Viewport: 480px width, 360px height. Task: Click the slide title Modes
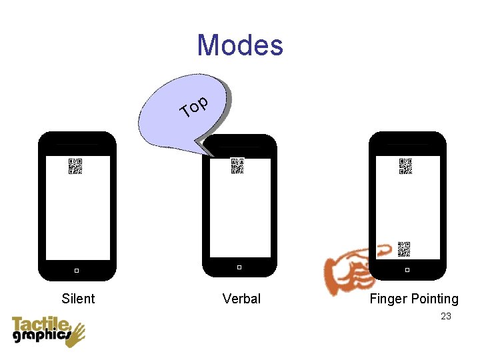click(240, 45)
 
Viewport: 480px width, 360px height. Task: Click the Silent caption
click(78, 299)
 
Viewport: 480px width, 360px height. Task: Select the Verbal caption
click(241, 299)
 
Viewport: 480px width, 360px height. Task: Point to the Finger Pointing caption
click(414, 299)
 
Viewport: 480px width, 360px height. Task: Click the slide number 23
click(446, 316)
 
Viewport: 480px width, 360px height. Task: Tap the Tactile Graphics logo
click(47, 331)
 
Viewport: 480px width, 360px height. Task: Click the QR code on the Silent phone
click(75, 166)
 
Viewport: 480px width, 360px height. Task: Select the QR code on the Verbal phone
click(237, 166)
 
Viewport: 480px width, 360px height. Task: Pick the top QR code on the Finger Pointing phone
click(405, 166)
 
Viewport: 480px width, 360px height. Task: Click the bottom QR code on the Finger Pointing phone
click(404, 249)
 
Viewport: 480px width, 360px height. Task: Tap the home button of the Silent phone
click(77, 270)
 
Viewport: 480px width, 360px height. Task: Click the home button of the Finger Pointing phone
click(407, 270)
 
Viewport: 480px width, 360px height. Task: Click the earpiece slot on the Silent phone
click(77, 145)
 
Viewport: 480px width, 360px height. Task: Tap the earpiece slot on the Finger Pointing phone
click(407, 145)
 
